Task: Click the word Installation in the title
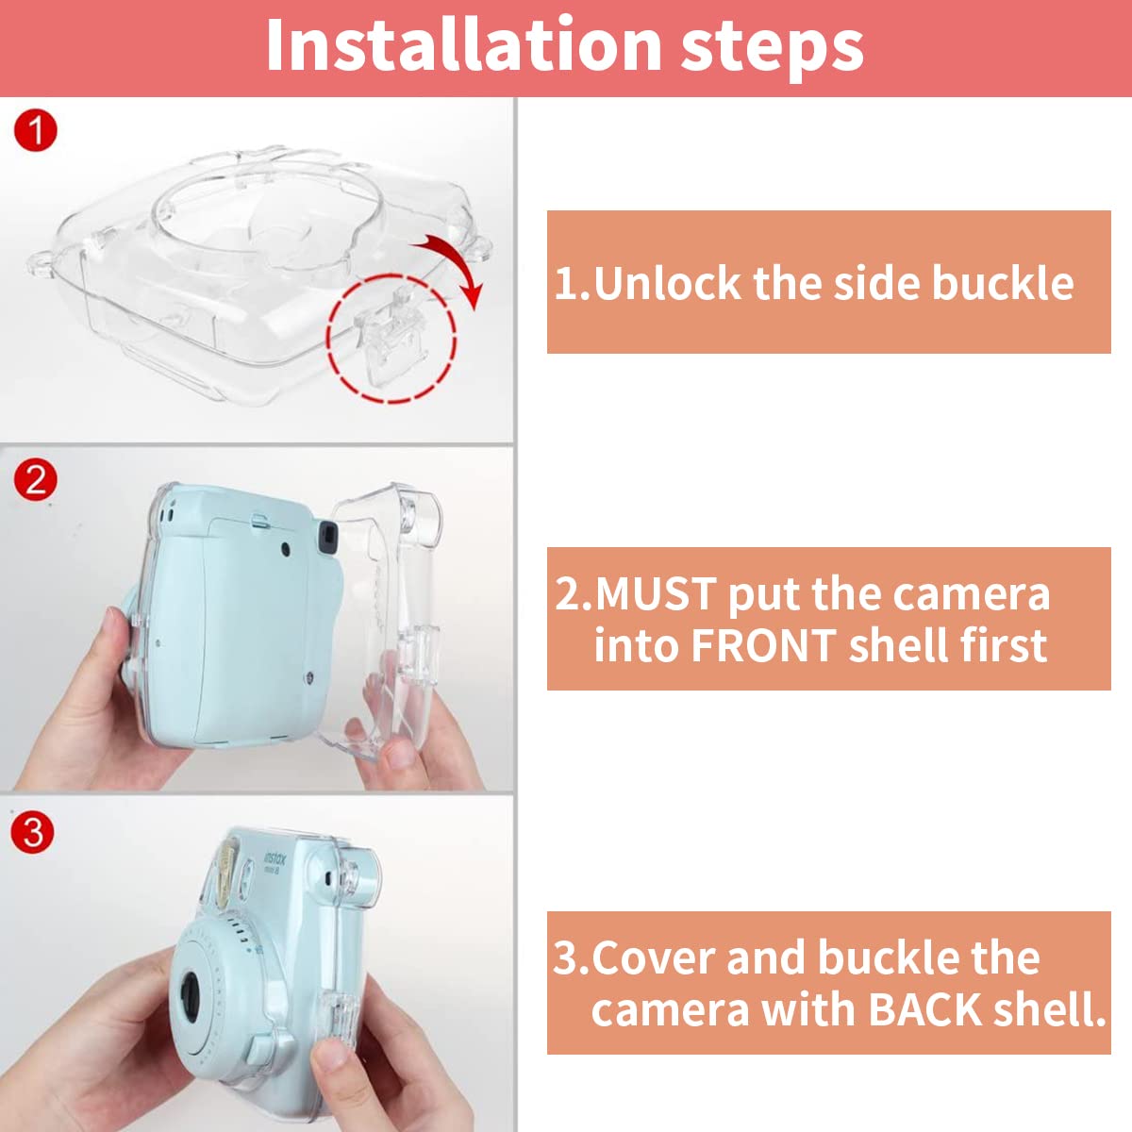pyautogui.click(x=462, y=45)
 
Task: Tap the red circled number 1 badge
pyautogui.click(x=36, y=130)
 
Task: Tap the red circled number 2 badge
pyautogui.click(x=36, y=480)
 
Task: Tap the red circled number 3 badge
pyautogui.click(x=34, y=833)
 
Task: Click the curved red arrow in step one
pyautogui.click(x=453, y=264)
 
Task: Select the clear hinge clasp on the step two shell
pyautogui.click(x=421, y=651)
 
